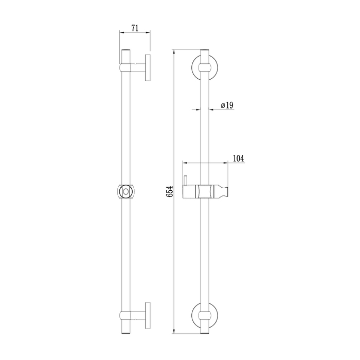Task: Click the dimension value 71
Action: [x=135, y=28]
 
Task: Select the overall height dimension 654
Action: [x=170, y=191]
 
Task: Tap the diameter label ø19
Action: [x=227, y=105]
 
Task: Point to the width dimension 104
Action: [x=239, y=158]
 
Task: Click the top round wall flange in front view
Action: [x=193, y=67]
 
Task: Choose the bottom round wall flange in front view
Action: [x=193, y=315]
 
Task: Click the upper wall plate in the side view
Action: [x=148, y=67]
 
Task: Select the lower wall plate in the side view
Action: [x=148, y=315]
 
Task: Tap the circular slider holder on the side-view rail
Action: [x=126, y=191]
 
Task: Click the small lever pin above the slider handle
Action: [x=186, y=181]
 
